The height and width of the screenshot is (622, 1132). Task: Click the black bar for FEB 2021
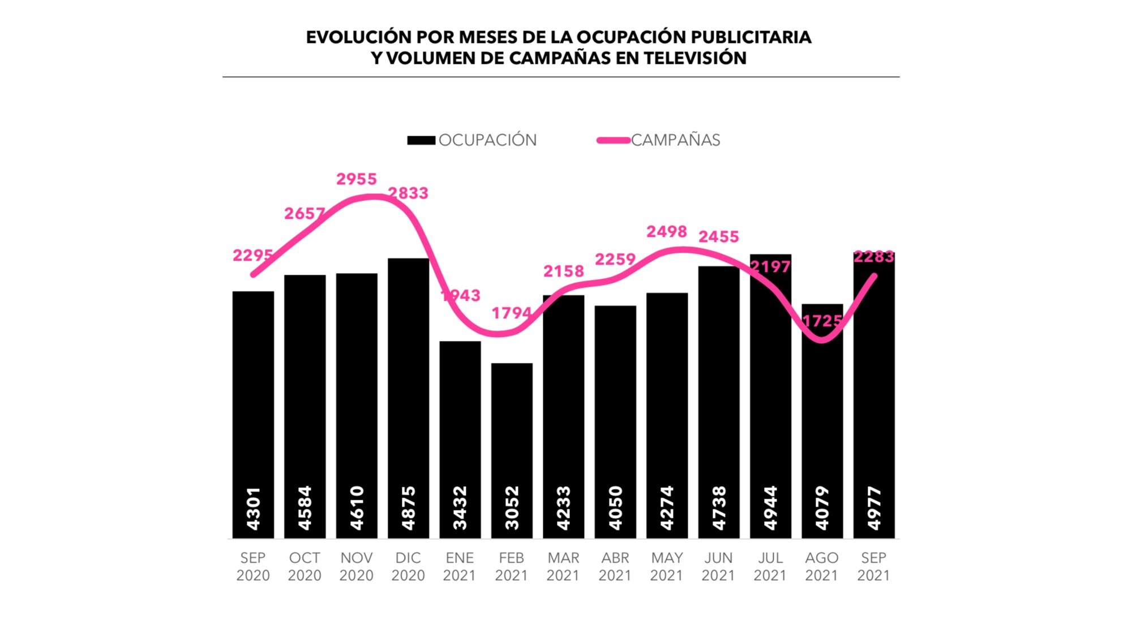(512, 430)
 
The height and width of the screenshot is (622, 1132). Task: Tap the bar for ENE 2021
(460, 418)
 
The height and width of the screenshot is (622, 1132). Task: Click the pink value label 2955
(357, 179)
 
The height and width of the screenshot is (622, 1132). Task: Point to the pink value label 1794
(511, 313)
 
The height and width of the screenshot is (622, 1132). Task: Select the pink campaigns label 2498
(667, 232)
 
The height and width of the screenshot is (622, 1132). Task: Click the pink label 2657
(304, 214)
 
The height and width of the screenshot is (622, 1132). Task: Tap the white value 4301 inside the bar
(253, 508)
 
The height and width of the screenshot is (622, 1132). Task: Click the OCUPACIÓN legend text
(487, 140)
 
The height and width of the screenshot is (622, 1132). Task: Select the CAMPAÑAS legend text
(675, 140)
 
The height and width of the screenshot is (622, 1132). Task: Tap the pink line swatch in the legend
(614, 140)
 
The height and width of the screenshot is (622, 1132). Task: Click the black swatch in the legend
(421, 140)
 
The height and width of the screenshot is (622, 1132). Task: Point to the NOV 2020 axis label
(357, 567)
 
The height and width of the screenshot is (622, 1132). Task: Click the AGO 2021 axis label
(822, 567)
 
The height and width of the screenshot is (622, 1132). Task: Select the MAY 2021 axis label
(667, 567)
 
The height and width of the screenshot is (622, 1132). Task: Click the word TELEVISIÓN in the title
(695, 58)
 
